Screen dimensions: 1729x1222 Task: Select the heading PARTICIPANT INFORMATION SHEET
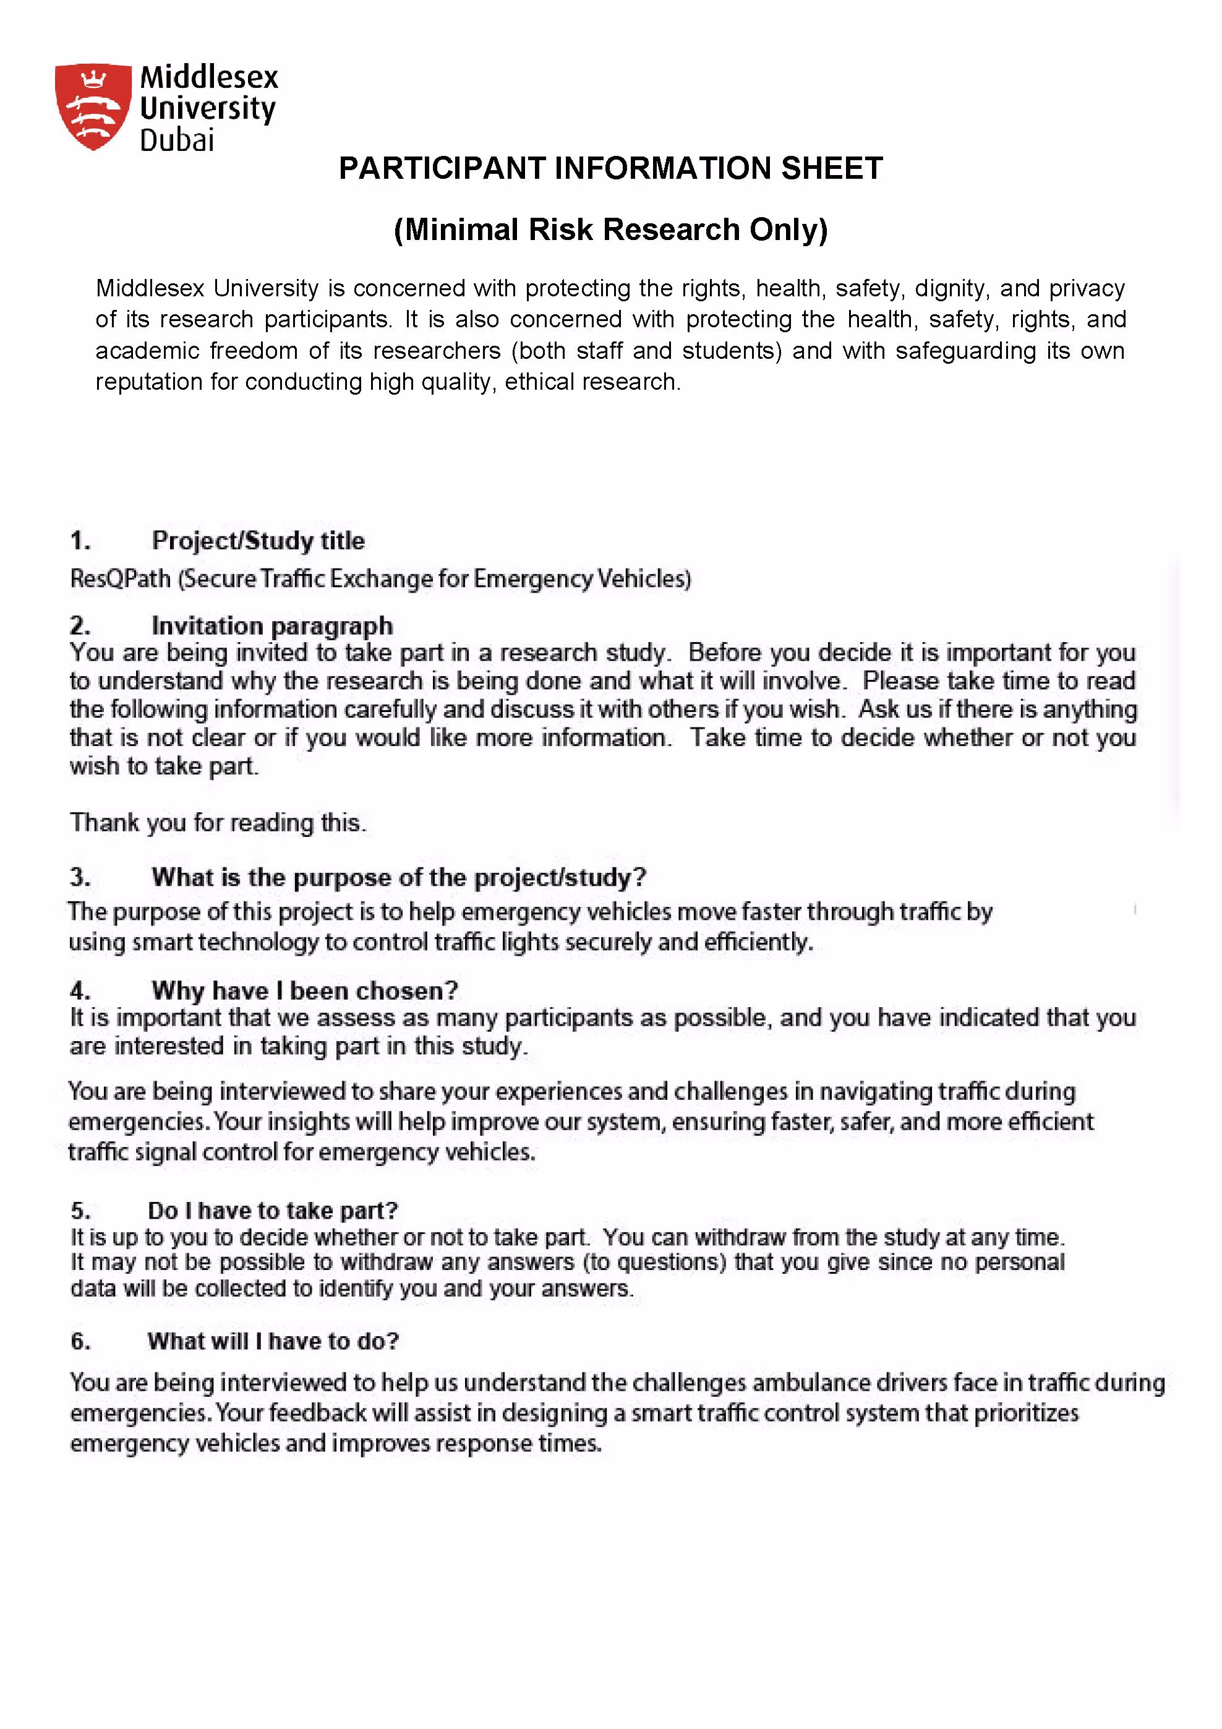tap(610, 168)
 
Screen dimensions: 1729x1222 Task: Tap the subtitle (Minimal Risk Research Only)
tap(610, 230)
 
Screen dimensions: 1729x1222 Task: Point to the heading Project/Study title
tap(258, 541)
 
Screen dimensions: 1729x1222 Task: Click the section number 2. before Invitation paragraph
tap(80, 626)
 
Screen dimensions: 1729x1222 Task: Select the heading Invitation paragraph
tap(273, 626)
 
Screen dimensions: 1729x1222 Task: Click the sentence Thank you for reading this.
tap(218, 822)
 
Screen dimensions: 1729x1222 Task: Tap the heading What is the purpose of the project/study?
tap(399, 877)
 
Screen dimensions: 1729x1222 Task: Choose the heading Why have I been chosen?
tap(305, 990)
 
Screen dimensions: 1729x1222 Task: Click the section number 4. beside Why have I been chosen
tap(80, 990)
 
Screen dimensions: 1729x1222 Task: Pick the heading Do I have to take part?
tap(273, 1210)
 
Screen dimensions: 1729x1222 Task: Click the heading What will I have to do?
tap(273, 1341)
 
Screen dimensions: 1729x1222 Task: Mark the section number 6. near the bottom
tap(80, 1341)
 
